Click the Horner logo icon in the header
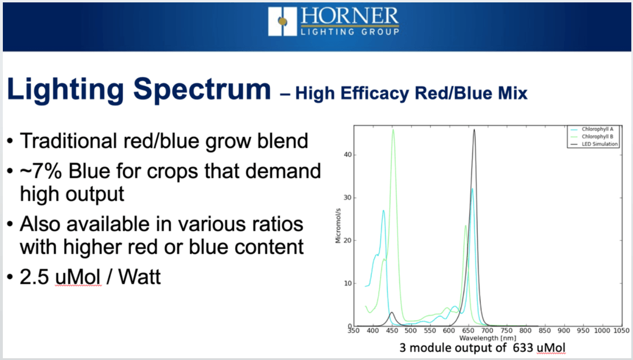click(x=282, y=21)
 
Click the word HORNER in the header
click(x=350, y=17)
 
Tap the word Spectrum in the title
click(x=202, y=90)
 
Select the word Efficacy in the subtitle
click(x=375, y=94)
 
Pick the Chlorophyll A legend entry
click(x=592, y=129)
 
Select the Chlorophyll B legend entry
click(x=592, y=137)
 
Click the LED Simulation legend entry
click(x=594, y=144)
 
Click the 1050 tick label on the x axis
click(x=621, y=330)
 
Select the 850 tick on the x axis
click(x=544, y=330)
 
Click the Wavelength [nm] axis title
click(x=488, y=338)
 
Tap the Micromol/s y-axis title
click(x=338, y=226)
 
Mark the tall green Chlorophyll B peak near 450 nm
click(x=393, y=130)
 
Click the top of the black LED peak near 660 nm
click(x=474, y=130)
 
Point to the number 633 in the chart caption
click(x=523, y=347)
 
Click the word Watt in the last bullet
click(x=139, y=277)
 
